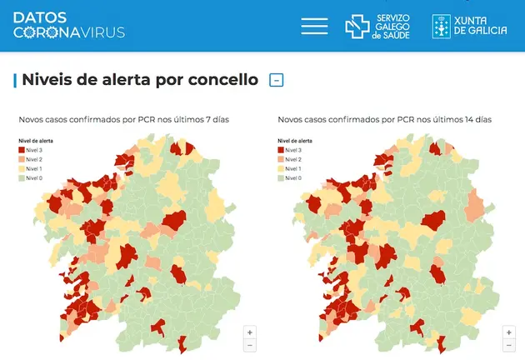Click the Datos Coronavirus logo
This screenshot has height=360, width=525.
point(68,25)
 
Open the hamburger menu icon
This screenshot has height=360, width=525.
point(314,26)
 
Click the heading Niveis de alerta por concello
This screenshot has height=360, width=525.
point(139,80)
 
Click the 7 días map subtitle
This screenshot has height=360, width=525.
point(124,120)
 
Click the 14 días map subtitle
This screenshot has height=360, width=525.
point(384,120)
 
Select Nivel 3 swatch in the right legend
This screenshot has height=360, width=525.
point(281,150)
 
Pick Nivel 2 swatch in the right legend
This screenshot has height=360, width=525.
point(281,159)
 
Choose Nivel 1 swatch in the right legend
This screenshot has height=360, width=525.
point(281,168)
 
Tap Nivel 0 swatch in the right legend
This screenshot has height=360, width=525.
point(281,177)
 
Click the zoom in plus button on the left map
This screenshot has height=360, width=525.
point(250,332)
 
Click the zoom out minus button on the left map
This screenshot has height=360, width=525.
point(250,345)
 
